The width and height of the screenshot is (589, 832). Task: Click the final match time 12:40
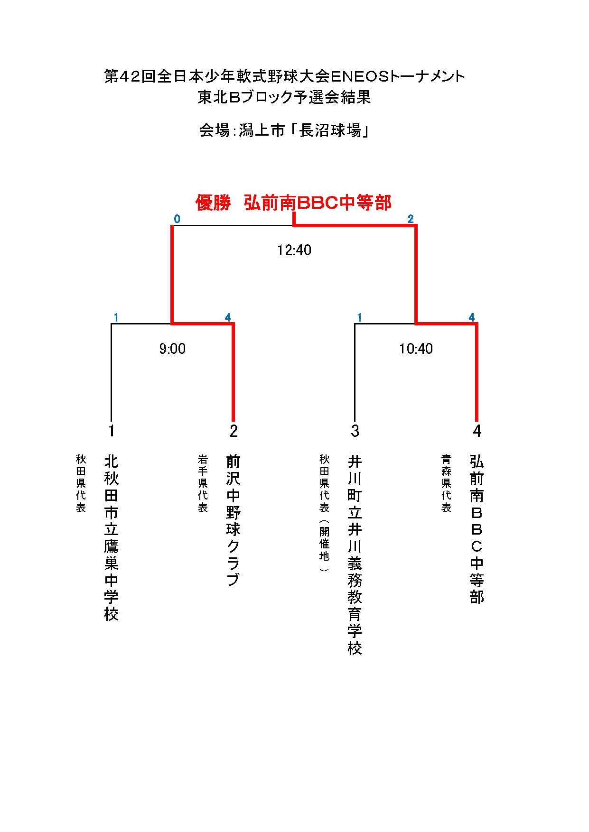tap(294, 250)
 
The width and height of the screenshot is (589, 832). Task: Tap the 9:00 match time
tap(172, 349)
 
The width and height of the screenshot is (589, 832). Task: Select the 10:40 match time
tap(416, 349)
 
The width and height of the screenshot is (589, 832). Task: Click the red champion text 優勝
tap(213, 203)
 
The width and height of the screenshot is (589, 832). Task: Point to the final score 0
tap(177, 219)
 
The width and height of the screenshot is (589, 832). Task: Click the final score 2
tap(411, 219)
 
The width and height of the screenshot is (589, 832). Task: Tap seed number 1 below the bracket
tap(111, 431)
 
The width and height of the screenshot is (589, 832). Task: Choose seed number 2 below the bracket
tap(234, 431)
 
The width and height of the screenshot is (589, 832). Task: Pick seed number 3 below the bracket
tap(355, 431)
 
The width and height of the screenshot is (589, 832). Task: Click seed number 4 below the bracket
tap(477, 431)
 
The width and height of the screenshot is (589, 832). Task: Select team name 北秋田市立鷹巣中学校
tap(111, 537)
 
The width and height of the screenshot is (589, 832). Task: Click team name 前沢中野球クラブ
tap(234, 520)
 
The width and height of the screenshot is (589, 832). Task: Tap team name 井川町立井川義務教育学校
tap(355, 555)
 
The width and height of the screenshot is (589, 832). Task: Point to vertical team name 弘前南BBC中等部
tap(477, 529)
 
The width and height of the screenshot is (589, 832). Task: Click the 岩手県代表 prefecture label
tap(203, 483)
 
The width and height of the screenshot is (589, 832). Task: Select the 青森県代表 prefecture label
tap(447, 483)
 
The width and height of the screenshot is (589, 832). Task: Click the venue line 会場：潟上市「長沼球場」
tap(284, 130)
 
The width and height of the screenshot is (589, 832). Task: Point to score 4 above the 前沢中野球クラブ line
tap(228, 317)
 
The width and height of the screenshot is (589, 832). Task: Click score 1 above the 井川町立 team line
tap(360, 317)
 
